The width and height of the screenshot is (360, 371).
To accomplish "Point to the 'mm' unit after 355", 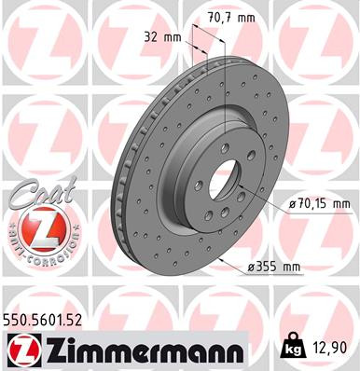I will [x=291, y=267].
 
